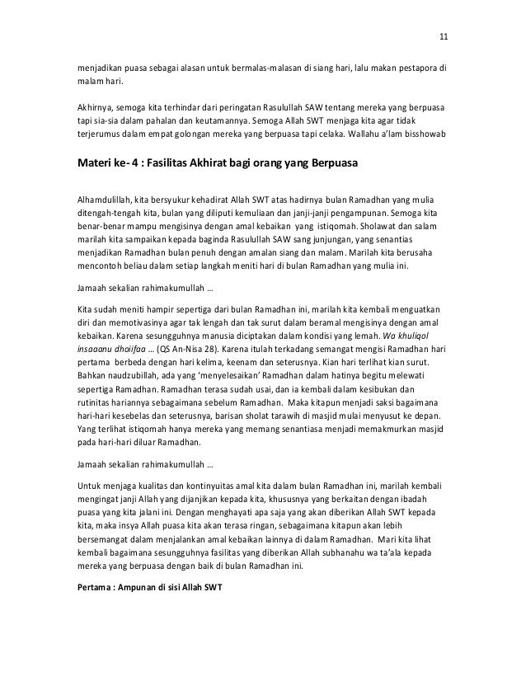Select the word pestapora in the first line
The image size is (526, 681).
418,68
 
